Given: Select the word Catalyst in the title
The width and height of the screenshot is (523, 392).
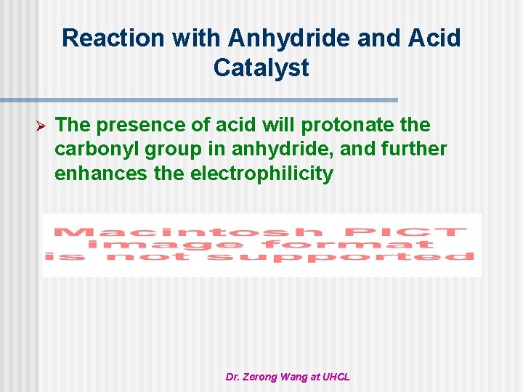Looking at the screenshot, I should (261, 68).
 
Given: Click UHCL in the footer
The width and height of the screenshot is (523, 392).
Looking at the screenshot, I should (336, 377).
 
